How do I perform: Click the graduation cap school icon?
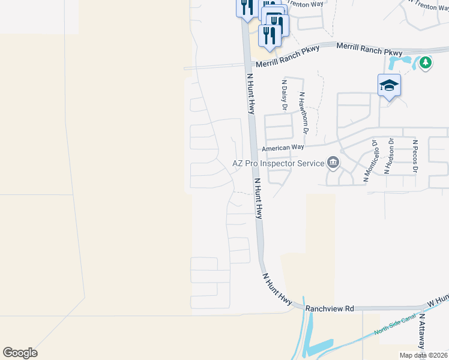[x=389, y=85]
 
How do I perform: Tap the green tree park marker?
[x=426, y=62]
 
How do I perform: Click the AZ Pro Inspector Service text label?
[x=277, y=163]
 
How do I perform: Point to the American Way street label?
[x=282, y=148]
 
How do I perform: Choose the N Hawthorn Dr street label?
[x=304, y=113]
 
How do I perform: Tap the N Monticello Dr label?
[x=370, y=161]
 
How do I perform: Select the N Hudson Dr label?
[x=390, y=157]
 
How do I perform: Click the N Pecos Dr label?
[x=414, y=157]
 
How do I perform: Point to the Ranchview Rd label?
[x=329, y=308]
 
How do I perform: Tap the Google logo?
[x=20, y=352]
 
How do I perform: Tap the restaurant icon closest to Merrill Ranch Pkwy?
[x=270, y=35]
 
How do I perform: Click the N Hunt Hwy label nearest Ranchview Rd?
[x=277, y=288]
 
